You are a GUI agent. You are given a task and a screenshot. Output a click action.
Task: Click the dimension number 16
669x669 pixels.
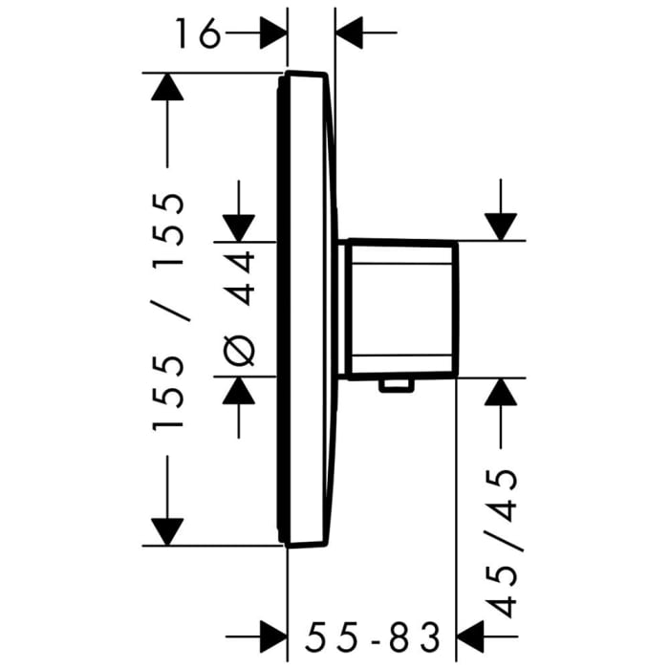(x=198, y=35)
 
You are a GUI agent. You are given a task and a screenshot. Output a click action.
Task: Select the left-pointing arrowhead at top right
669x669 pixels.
(x=350, y=35)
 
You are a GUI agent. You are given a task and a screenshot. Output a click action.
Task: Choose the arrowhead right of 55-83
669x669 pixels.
(x=474, y=633)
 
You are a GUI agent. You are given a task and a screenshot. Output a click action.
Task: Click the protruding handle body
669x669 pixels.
(x=400, y=308)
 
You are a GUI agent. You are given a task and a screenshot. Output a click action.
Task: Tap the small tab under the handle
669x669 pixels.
(x=396, y=384)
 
